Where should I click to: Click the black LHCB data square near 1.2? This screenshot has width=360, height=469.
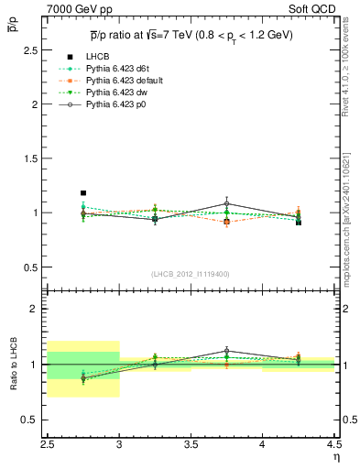tap(83, 193)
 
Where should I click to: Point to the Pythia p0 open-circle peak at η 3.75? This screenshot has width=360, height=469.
tap(227, 203)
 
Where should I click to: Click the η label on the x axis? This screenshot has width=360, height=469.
tap(336, 455)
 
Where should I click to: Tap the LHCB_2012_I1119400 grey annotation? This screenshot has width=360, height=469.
tap(191, 274)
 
